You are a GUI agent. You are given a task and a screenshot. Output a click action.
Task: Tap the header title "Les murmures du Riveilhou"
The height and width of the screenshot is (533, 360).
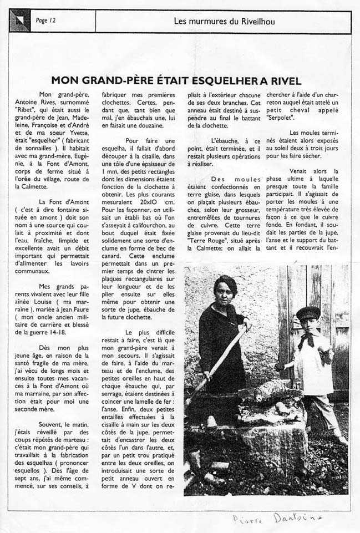coord(224,22)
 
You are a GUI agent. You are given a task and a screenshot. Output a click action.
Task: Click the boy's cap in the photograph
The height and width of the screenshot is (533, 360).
coord(308,313)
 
